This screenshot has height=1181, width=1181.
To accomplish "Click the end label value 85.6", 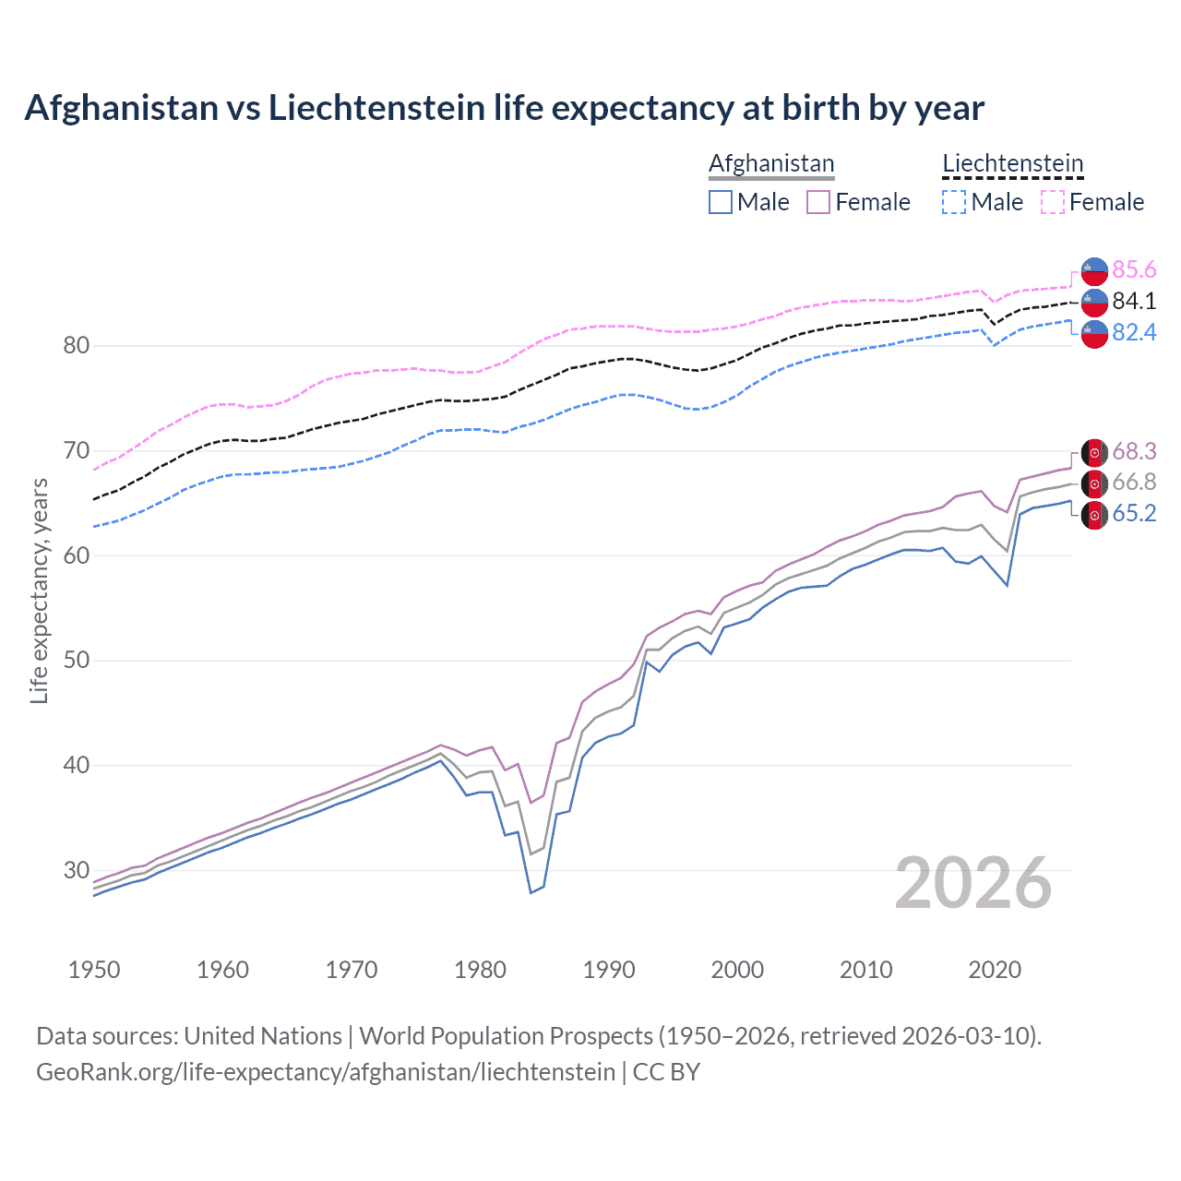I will (1134, 269).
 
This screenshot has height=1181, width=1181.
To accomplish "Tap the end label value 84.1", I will (1134, 301).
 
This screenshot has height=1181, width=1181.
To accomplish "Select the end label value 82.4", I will (1134, 332).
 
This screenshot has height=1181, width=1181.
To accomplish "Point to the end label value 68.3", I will (1134, 451).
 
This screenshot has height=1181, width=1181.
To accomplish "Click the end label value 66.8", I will (1134, 482).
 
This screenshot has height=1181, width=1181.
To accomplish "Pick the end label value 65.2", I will (1134, 513).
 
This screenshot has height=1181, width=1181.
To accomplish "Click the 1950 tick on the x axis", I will (94, 970).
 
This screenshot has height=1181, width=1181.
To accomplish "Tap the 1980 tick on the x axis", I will (480, 970).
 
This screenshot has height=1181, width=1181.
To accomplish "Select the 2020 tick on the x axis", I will (995, 970).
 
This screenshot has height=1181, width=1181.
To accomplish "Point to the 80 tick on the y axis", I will (77, 346).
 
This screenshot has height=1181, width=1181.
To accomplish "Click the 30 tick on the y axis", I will (77, 870).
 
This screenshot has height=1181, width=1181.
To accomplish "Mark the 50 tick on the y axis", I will (77, 661).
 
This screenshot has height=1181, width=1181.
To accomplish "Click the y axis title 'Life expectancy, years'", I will (40, 590).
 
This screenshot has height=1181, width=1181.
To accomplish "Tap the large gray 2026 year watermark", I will (973, 883).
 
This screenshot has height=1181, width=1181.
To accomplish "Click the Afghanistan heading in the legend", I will (771, 163).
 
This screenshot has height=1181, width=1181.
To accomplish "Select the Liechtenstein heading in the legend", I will (1012, 163).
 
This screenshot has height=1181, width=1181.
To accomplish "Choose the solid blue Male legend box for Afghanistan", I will (721, 202).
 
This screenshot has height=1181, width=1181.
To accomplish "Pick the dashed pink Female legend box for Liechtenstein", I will (1053, 202).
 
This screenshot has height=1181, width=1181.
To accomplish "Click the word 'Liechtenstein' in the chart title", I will (376, 108).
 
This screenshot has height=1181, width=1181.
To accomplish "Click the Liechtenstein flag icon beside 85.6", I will (1094, 270).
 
